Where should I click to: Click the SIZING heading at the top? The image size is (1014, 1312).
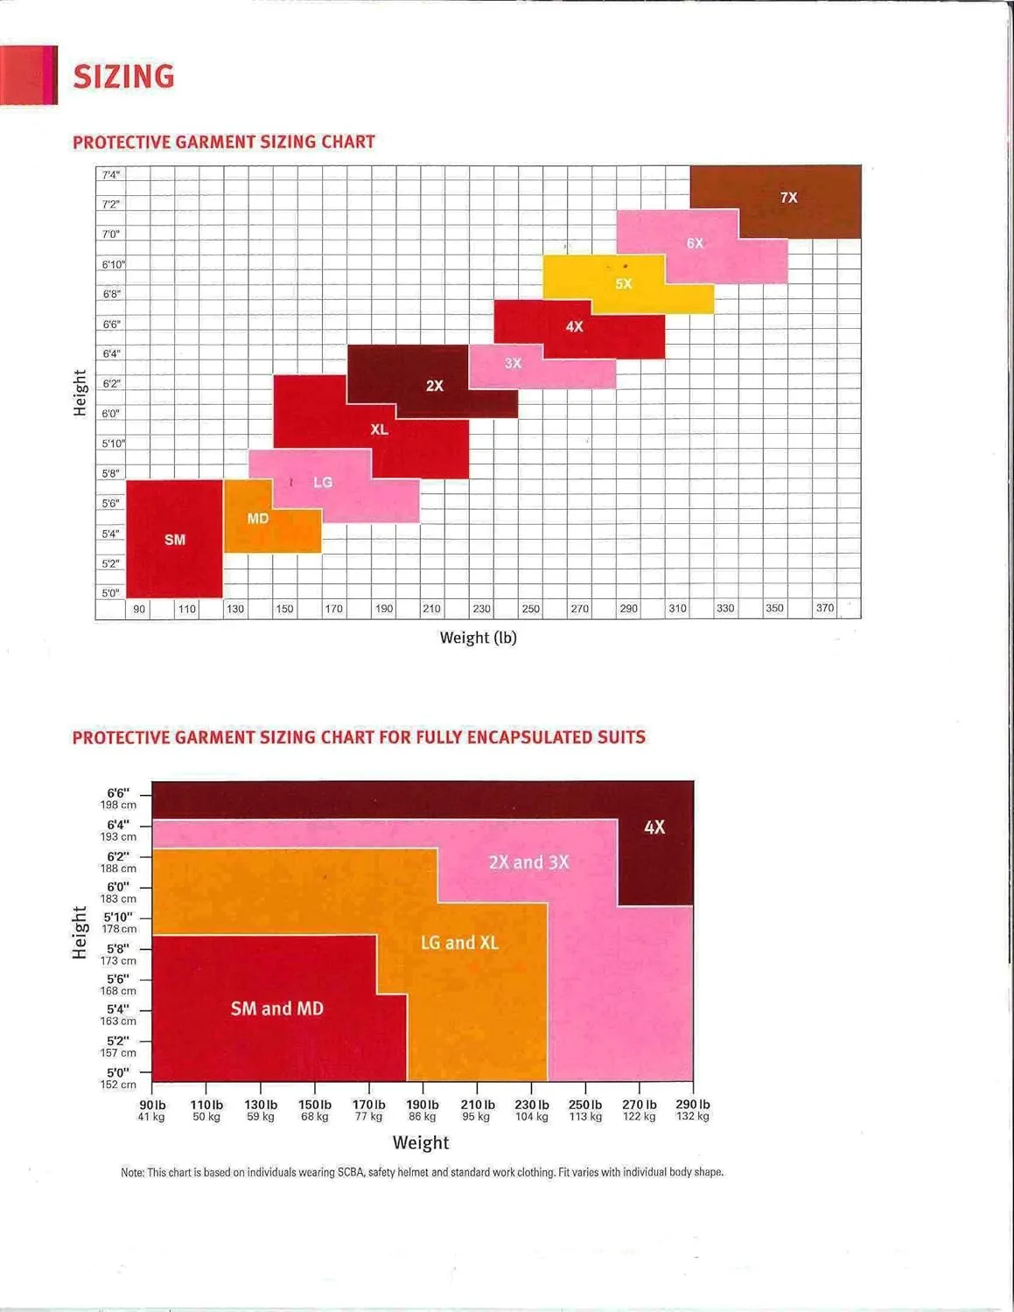point(124,77)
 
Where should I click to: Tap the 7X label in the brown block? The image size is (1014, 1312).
point(789,198)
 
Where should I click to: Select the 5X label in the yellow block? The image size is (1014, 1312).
point(624,283)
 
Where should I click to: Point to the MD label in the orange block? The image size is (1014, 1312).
point(258,519)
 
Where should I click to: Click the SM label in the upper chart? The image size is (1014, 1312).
point(175,540)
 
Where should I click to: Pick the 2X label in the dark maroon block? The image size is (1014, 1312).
point(435,386)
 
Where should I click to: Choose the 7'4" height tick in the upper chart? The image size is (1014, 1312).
point(110,174)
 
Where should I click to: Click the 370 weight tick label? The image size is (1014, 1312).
point(825,608)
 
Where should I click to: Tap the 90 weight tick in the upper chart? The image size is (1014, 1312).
point(139,610)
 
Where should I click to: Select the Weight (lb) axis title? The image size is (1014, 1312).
point(479,638)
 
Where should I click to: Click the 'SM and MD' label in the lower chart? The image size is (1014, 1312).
point(277,1008)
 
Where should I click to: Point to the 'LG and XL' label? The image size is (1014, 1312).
point(459,943)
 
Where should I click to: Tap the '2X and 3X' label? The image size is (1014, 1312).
point(529,862)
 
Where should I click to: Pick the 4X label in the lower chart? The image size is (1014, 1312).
point(654,827)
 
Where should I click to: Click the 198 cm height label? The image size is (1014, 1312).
point(118,805)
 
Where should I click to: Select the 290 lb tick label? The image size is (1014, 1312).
point(693,1105)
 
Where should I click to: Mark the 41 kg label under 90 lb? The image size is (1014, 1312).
point(151,1117)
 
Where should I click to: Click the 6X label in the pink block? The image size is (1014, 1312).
point(696,243)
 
